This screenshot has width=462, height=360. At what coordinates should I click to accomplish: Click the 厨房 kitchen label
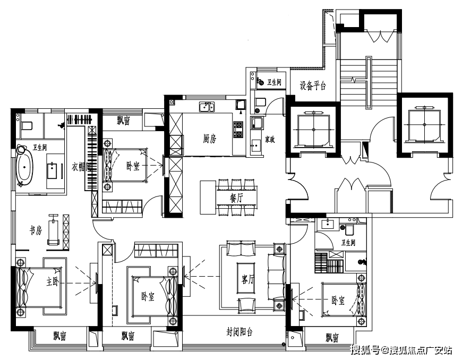[209, 139]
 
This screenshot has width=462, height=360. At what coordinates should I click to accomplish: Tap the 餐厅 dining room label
[237, 198]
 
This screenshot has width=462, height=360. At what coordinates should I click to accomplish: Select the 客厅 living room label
[247, 279]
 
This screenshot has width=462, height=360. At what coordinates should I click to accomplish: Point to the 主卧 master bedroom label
[53, 281]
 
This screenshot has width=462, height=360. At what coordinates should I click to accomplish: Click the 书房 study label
[36, 230]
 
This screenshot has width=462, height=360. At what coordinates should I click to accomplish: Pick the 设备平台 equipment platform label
[313, 85]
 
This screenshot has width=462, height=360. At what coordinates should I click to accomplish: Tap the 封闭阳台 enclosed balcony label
[239, 332]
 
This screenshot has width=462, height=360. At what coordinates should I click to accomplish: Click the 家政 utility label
[270, 140]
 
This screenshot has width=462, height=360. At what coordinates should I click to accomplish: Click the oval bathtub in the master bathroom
[24, 166]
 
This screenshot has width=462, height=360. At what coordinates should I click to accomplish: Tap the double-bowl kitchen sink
[207, 107]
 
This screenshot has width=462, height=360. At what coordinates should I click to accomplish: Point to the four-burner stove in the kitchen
[238, 130]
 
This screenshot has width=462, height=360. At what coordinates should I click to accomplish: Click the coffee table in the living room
[246, 278]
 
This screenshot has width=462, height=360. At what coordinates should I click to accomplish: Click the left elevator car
[313, 130]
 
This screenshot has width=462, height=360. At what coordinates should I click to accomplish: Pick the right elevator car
[425, 125]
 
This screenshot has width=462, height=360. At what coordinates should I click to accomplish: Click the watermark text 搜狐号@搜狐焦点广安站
[401, 350]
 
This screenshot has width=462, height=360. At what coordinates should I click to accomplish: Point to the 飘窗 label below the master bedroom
[60, 336]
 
